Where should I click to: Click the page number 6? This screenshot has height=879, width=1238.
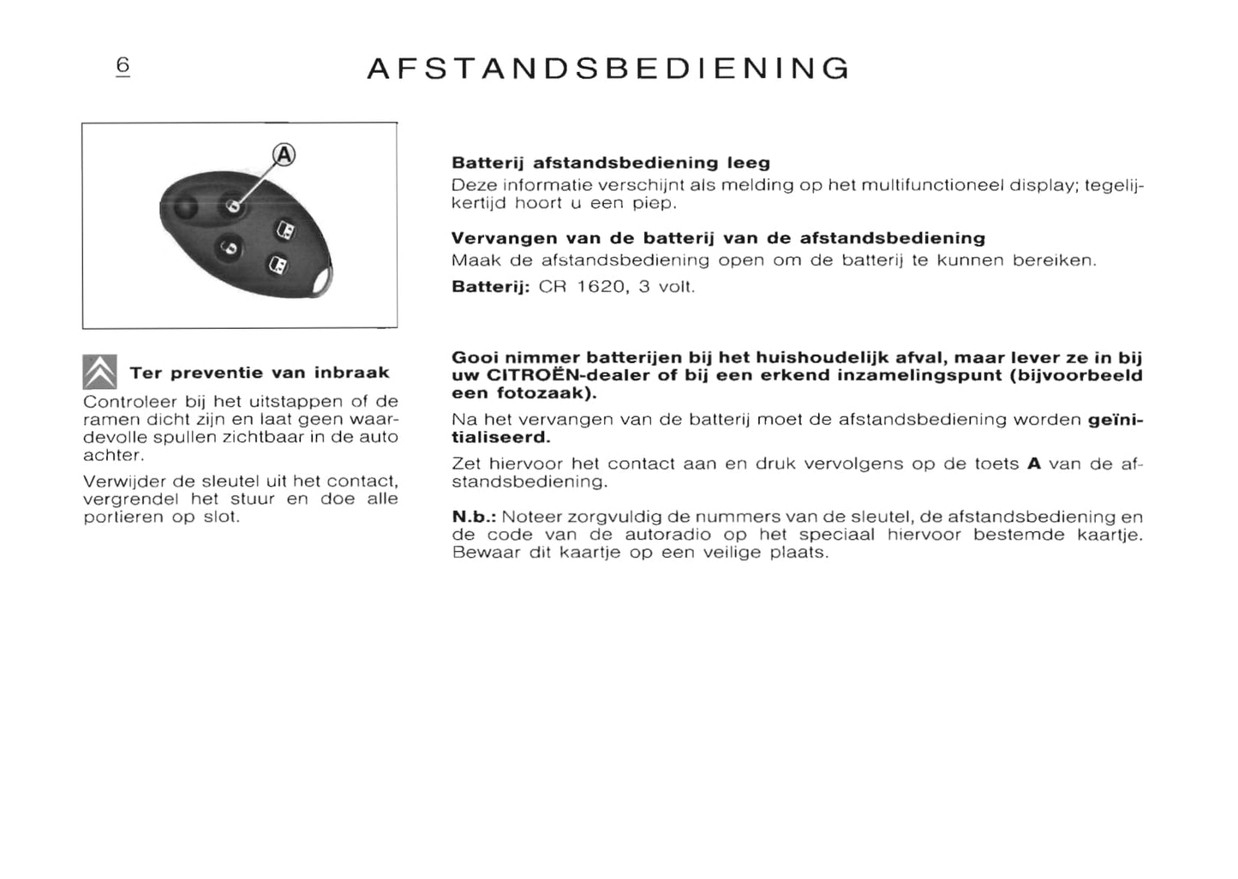(x=123, y=65)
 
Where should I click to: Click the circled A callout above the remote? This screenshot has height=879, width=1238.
(x=284, y=155)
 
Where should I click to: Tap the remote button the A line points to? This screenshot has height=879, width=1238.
(x=232, y=206)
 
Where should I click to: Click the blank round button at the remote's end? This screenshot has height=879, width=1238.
(x=183, y=207)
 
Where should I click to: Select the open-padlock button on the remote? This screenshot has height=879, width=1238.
(x=230, y=248)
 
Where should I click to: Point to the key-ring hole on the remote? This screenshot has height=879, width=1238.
(x=322, y=278)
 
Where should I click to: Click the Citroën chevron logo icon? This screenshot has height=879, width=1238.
(x=99, y=372)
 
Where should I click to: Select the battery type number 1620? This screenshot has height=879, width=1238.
(x=601, y=286)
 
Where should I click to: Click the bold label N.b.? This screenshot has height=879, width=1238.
(x=474, y=517)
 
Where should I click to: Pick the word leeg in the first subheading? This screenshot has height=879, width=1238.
(x=748, y=163)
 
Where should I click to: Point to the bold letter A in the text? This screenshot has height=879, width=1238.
(x=1034, y=463)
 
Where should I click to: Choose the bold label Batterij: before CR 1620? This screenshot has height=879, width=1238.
(x=491, y=286)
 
